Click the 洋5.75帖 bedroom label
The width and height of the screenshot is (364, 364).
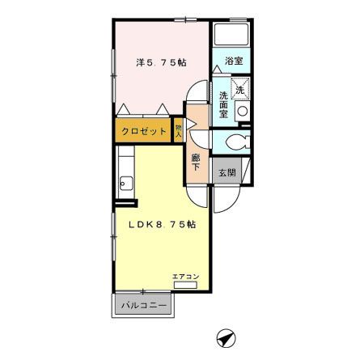(161, 62)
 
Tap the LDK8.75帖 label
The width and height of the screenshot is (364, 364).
(163, 224)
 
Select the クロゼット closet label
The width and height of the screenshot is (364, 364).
(144, 131)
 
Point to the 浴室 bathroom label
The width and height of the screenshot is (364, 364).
(234, 61)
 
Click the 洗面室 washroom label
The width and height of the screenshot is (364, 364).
(223, 104)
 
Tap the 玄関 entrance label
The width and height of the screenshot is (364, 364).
(227, 172)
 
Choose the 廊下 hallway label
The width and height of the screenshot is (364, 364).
(196, 162)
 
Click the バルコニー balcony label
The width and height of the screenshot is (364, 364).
(143, 306)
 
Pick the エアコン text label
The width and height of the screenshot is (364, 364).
(186, 277)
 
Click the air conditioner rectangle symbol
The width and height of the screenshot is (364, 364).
(185, 285)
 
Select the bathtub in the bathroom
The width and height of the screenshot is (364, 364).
(231, 35)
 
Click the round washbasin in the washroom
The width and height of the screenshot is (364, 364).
(243, 111)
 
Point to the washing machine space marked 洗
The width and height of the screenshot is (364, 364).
(240, 88)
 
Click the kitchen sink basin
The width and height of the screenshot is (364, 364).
(126, 184)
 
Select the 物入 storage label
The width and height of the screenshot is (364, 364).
(178, 130)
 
